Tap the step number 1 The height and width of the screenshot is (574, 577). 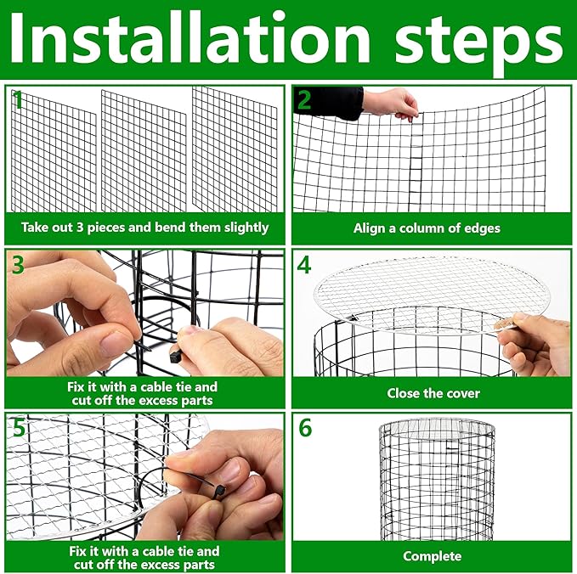click(x=16, y=101)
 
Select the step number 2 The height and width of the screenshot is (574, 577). click(x=303, y=102)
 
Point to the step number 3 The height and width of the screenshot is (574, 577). click(x=18, y=264)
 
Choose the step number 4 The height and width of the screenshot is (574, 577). click(x=304, y=264)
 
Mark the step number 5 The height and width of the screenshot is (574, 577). click(x=18, y=427)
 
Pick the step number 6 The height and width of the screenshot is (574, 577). click(x=304, y=428)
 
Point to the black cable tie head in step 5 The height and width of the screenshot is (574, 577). click(x=220, y=491)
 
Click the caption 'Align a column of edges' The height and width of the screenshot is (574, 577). click(x=427, y=228)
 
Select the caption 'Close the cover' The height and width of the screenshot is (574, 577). click(x=433, y=393)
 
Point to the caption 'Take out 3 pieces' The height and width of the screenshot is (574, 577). click(x=144, y=228)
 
